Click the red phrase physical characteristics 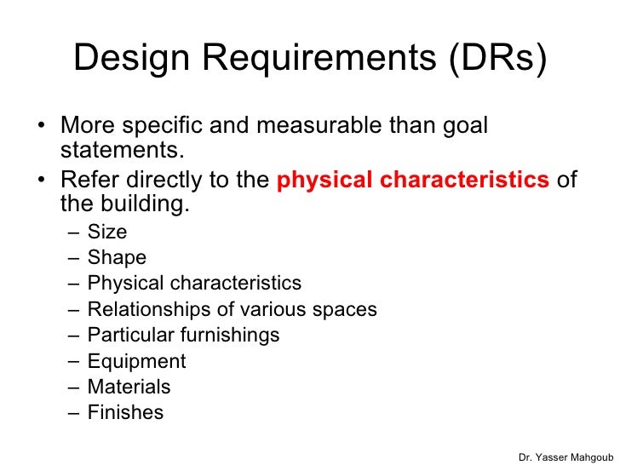click(414, 181)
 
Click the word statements click(122, 152)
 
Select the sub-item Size click(106, 231)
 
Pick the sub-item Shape click(117, 257)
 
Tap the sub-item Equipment click(136, 361)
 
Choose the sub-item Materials click(129, 387)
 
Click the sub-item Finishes click(125, 413)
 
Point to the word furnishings click(232, 335)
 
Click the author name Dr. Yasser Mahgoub click(565, 456)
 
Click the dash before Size click(74, 231)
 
